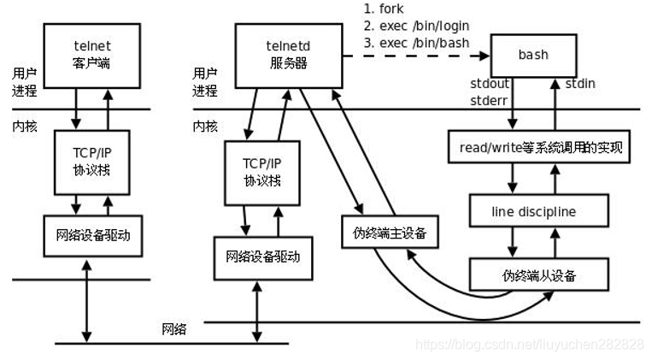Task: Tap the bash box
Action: coord(532,55)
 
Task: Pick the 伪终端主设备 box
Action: coord(389,232)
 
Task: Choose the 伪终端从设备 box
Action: coord(538,274)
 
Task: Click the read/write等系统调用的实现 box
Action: coord(538,148)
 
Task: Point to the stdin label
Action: coord(579,84)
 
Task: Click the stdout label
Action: coord(490,84)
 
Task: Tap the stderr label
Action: coord(490,99)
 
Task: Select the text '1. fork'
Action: coord(383,9)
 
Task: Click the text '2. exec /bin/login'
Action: coord(415,26)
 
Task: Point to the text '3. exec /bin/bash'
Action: coord(414,43)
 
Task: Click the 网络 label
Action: coord(175,329)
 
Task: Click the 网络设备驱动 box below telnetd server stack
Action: coord(262,255)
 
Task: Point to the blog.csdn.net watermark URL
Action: coord(530,344)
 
